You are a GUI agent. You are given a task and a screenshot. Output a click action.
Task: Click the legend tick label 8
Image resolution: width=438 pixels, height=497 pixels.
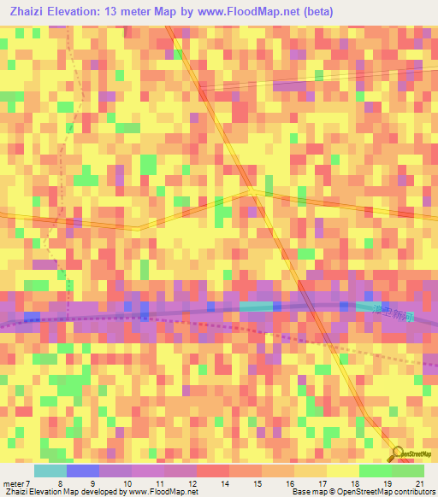point(60,483)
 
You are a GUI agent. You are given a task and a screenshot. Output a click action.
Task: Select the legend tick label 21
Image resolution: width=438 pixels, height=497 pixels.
point(418,483)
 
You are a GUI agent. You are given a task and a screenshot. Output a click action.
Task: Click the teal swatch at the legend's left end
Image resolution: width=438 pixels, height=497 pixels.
point(50,471)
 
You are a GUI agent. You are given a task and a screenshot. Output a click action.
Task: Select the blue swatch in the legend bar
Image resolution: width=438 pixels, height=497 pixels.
point(83,471)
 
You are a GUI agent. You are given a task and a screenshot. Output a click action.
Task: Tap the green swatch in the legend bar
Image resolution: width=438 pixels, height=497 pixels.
point(375,471)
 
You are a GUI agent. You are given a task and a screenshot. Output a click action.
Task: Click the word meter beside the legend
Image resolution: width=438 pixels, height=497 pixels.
point(13,483)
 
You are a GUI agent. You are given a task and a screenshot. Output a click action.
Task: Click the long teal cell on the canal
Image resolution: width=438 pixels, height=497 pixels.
point(256,306)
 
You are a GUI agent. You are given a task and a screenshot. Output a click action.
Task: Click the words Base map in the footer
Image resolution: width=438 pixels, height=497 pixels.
point(306,493)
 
